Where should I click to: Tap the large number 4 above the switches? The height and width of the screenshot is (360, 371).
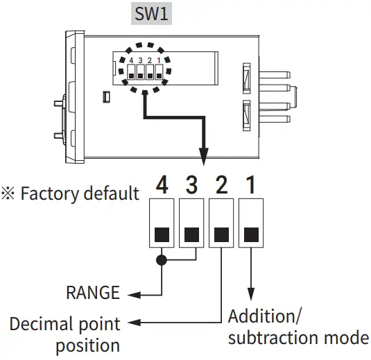[x=162, y=185]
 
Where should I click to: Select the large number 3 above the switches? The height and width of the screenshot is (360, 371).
[x=192, y=185]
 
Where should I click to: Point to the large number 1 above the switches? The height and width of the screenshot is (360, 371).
[x=251, y=185]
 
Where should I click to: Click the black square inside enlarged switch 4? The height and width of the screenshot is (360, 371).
[x=162, y=233]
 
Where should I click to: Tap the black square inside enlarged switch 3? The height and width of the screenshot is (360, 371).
[x=192, y=233]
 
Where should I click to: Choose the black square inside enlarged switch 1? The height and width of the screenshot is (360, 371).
[x=251, y=233]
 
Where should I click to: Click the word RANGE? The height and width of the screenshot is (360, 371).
[x=92, y=293]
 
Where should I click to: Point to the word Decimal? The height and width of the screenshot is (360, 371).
[x=40, y=324]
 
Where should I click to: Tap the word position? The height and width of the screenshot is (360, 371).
[x=87, y=345]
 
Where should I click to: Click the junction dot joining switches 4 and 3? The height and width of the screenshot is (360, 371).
[x=162, y=261]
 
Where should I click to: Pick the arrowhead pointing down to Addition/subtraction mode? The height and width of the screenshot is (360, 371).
[x=251, y=295]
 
